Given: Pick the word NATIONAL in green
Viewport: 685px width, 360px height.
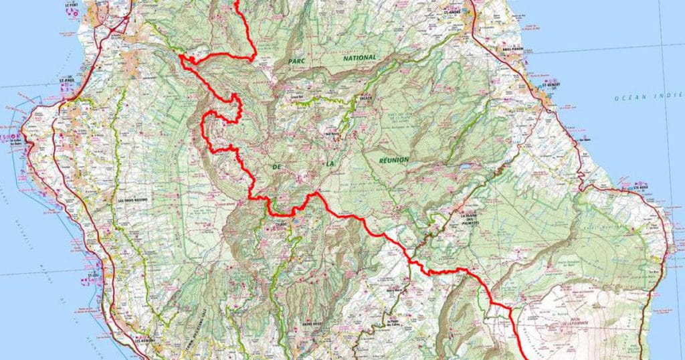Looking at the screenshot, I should coord(360,58).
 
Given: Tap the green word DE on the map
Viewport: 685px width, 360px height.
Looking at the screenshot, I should coord(276,164).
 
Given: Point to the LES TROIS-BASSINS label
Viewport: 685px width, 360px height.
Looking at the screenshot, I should coord(132,200).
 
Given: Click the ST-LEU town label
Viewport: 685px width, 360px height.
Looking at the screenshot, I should coord(92,274).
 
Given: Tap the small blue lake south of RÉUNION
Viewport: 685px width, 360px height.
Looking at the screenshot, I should coord(464,165).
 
